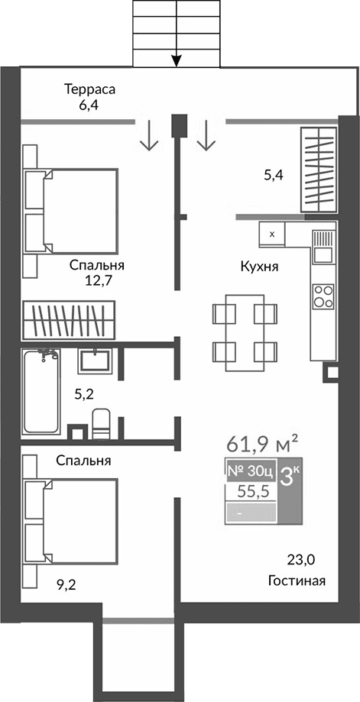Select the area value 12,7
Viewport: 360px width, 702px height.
(99, 280)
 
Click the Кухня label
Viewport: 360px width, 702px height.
(258, 267)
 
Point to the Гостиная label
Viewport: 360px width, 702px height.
(297, 581)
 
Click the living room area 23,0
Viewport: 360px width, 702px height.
(300, 560)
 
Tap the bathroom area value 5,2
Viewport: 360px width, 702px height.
(85, 394)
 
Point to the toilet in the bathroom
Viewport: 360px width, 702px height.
(101, 422)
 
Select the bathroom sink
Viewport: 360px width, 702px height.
(95, 361)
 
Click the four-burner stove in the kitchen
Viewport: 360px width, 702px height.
(323, 296)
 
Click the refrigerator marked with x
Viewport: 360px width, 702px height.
(273, 234)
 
